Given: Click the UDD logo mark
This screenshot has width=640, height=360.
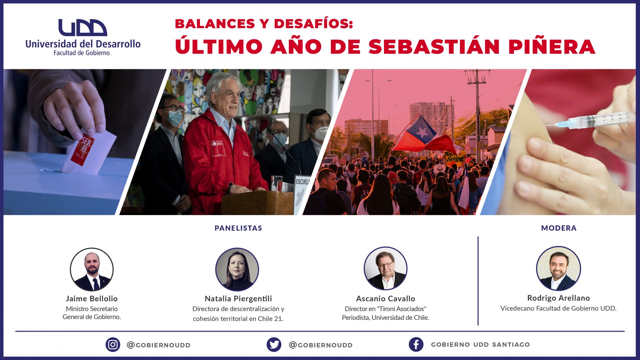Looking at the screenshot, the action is pos(83,27).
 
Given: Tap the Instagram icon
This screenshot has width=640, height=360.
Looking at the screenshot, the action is pos(113,345).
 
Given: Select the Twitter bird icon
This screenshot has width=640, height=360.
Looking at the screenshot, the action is pos(274,345).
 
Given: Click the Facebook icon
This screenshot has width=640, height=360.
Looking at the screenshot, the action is pos(416,344).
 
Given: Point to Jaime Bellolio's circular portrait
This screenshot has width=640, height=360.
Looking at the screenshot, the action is pos(92,269).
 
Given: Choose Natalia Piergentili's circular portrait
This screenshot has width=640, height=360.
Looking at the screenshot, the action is pos(237,269).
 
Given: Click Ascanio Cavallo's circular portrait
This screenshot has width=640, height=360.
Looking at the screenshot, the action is pos(386,268).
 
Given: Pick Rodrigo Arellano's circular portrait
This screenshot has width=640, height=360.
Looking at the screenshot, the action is pos(558,268).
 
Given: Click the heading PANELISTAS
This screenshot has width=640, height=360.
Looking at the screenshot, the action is pos(238,228).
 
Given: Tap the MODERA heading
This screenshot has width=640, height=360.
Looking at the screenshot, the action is pos(559,228).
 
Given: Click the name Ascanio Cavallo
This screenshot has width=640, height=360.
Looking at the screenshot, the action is pos(386,299).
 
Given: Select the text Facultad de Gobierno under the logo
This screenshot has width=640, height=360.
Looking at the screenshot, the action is pos(82,53).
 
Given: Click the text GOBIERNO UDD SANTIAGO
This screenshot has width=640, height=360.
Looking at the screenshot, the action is pos(480,345).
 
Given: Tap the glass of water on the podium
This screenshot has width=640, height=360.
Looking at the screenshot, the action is pos(277,183).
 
